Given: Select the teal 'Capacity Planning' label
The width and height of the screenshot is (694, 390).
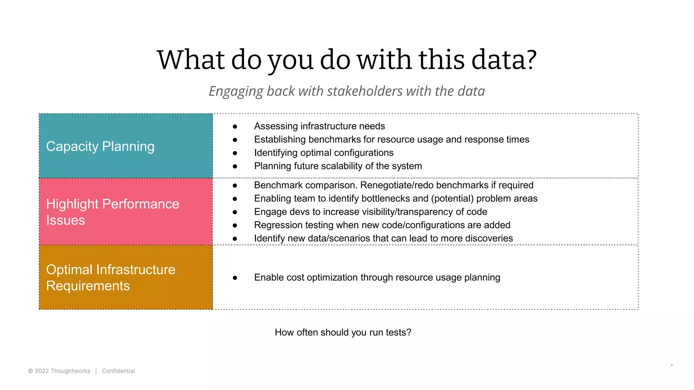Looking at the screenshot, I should [100, 146].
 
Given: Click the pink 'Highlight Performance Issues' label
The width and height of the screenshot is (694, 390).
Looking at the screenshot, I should [113, 212].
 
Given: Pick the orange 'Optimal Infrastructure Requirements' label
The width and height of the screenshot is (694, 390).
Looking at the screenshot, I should [110, 278].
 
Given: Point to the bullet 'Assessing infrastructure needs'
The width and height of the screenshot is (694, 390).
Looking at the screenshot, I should [319, 126].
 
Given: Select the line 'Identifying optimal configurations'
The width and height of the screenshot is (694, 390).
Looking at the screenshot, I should [324, 153].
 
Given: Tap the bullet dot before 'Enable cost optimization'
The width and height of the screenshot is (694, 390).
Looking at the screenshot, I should [235, 278].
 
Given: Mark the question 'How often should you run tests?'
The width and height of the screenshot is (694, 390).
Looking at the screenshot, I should [343, 332].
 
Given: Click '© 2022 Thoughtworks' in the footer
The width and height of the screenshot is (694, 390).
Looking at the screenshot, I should [59, 371].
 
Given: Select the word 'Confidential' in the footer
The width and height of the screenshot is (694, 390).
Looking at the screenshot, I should [118, 371].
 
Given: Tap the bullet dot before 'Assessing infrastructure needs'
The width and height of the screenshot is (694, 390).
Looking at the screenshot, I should [235, 127].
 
